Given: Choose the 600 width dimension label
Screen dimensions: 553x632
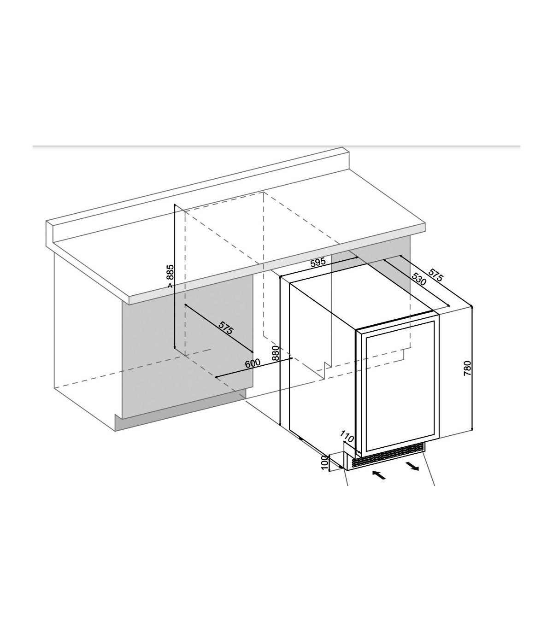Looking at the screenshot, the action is coord(253,363).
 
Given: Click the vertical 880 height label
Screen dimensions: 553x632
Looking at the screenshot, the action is coord(276,353).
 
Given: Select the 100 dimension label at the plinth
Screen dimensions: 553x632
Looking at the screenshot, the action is coord(324,471).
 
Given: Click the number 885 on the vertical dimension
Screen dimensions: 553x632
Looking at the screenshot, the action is coord(170,272).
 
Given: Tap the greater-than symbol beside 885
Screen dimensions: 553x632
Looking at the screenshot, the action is coord(170,286).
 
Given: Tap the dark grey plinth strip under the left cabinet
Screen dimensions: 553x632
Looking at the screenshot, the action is coord(181,410).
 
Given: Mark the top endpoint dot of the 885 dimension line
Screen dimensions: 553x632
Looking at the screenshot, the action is coord(175,205).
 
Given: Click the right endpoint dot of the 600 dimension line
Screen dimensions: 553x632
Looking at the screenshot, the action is coord(292,358).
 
